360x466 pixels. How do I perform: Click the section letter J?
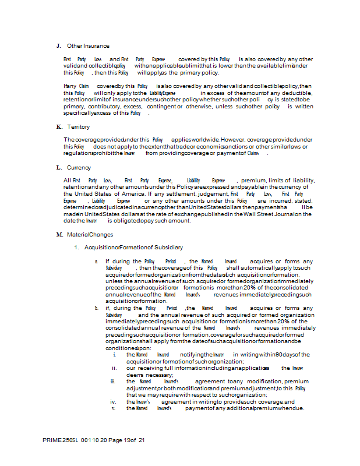coord(58,45)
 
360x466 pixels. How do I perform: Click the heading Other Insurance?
coord(88,45)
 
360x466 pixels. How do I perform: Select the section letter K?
coord(59,126)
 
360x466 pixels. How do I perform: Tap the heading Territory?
coord(79,126)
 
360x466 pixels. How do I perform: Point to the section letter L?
coord(59,167)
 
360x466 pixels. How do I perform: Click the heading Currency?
coord(79,167)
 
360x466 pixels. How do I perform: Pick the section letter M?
coord(59,234)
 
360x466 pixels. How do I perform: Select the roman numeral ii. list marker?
coord(114,368)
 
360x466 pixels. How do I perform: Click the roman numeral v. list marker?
coord(114,408)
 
